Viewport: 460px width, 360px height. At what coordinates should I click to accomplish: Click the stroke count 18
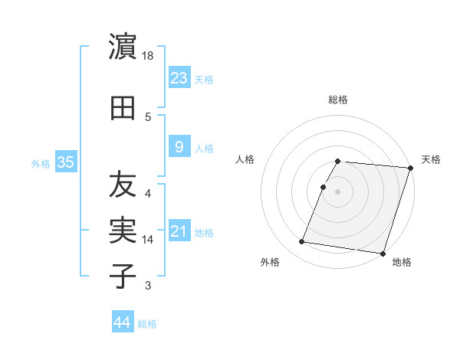pos(148,56)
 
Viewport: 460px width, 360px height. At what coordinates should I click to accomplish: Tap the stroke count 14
pos(148,240)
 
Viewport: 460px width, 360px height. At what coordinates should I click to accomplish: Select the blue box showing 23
pos(179,77)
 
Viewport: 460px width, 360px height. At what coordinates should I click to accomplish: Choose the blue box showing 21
pos(179,231)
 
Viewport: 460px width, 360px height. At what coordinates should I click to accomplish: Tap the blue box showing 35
pos(65,162)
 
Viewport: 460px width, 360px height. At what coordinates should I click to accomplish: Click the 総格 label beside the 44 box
pos(147,324)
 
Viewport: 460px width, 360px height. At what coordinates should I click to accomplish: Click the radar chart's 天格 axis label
pos(431,159)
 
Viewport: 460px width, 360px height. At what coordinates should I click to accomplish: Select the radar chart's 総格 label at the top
pos(338,100)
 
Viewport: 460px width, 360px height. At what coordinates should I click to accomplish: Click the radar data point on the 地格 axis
pos(383,254)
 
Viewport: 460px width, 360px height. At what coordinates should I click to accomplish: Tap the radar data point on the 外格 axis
pos(302,242)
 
